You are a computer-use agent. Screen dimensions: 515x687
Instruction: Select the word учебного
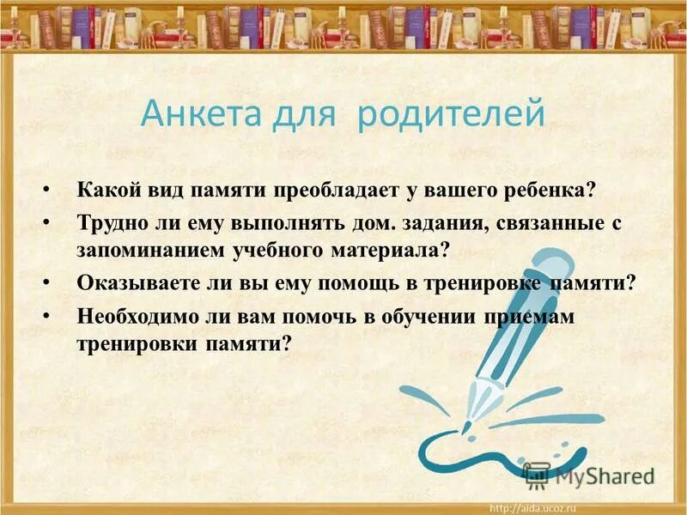[x=272, y=250]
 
